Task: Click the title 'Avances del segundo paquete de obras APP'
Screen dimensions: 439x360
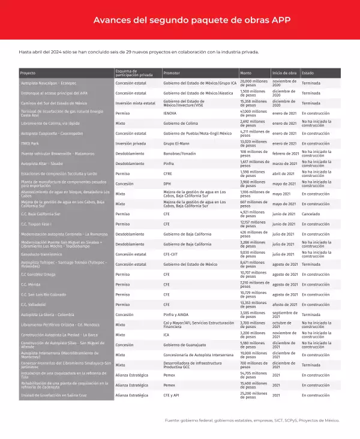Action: coord(179,20)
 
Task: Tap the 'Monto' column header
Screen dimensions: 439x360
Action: coord(246,73)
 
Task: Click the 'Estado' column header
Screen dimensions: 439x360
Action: coord(308,73)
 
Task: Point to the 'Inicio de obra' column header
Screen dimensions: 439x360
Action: coord(284,73)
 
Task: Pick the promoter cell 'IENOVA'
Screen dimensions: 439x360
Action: coord(170,113)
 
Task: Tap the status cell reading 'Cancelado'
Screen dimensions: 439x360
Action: coord(312,214)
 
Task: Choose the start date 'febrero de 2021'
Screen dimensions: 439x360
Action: coord(285,154)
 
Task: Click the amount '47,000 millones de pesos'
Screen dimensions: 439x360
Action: coord(254,113)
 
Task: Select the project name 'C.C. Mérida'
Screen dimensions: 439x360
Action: coord(31,284)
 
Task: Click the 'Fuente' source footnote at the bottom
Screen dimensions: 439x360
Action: coord(253,420)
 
